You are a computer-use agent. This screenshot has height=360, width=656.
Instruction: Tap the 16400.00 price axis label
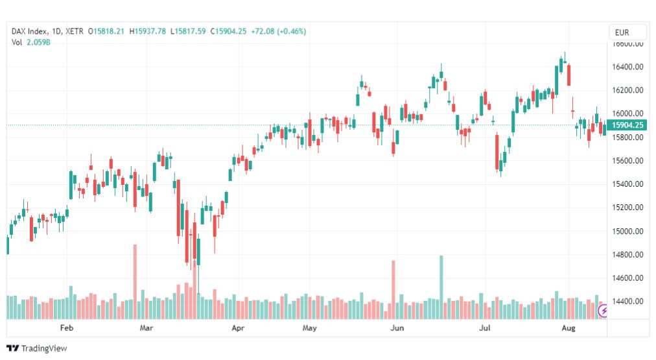[x=627, y=67]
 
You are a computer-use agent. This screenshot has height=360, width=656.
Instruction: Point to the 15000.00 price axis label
[x=627, y=231]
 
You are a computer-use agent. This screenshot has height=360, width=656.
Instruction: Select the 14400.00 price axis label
[x=627, y=302]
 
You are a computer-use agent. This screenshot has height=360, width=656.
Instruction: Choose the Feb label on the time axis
[x=66, y=328]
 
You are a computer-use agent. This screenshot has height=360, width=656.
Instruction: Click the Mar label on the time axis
[x=146, y=328]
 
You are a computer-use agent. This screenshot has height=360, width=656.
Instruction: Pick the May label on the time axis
[x=309, y=328]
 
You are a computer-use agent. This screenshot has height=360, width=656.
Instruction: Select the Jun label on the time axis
[x=397, y=328]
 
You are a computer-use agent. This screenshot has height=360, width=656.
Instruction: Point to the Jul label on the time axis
[x=484, y=328]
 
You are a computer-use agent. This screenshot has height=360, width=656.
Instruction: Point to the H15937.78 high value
[x=148, y=31]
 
